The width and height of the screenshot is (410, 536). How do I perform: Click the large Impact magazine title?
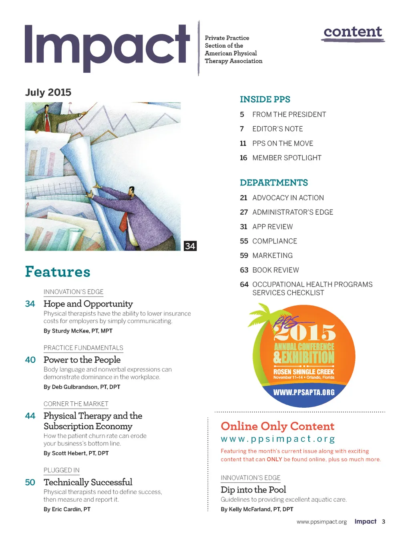(107, 46)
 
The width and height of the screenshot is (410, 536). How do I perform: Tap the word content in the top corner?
(353, 32)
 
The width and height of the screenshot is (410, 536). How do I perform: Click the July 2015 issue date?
(48, 92)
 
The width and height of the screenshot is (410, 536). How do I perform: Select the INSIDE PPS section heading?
(265, 99)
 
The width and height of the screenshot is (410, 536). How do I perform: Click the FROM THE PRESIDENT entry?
(289, 115)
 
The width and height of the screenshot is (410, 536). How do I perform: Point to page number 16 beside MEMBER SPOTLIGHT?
(243, 158)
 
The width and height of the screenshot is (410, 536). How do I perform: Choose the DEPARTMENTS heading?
(274, 183)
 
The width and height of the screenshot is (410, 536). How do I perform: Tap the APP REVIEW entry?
(272, 227)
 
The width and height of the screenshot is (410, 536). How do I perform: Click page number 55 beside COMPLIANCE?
(244, 241)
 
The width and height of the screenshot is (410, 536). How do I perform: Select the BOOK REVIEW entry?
(275, 270)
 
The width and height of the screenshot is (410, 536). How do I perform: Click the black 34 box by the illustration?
(190, 246)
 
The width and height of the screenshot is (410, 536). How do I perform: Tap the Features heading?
(58, 272)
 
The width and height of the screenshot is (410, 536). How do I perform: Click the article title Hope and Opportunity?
(88, 304)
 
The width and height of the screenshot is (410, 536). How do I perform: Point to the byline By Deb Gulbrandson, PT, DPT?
(82, 387)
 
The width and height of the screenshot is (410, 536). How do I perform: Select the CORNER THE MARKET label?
(76, 404)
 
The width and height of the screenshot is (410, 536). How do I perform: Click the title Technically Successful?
(88, 482)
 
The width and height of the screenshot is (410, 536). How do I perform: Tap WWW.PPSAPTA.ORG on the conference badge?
(303, 393)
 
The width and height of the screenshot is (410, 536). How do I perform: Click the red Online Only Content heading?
(277, 426)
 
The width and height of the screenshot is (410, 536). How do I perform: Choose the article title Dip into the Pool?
(253, 490)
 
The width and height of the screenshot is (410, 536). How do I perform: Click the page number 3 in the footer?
(384, 522)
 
